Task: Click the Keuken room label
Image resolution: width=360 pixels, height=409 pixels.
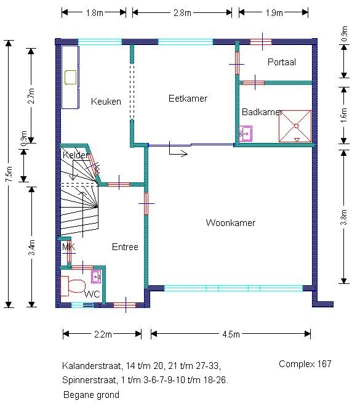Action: [106, 101]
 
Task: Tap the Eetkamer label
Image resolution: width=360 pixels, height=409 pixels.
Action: [188, 99]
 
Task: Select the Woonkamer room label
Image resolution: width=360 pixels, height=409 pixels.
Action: [230, 223]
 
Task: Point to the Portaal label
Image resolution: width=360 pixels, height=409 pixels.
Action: [281, 62]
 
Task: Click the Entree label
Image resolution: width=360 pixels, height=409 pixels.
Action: [125, 247]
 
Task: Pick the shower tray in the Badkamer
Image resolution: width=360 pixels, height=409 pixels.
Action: [295, 126]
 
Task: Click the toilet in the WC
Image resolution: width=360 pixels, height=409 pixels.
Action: [73, 286]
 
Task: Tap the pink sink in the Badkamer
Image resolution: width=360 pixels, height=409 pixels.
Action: [246, 134]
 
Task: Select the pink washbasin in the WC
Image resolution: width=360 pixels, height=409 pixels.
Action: [96, 277]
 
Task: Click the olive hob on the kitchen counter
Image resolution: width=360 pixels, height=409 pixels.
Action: [71, 78]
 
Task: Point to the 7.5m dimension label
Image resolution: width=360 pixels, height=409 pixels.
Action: [9, 174]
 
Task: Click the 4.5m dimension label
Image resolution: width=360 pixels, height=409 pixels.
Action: [231, 334]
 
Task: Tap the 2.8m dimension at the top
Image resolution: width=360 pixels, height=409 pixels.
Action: [182, 12]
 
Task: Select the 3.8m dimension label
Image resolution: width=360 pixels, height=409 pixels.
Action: [344, 217]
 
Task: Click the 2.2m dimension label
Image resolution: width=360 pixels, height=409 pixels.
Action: [103, 334]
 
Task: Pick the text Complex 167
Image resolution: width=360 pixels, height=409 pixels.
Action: [305, 364]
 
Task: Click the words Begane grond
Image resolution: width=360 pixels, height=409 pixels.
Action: [91, 395]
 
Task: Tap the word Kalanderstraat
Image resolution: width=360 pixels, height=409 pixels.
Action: [92, 366]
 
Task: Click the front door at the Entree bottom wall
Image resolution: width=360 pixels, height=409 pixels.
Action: [125, 305]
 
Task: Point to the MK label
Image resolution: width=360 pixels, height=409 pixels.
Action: [68, 246]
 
